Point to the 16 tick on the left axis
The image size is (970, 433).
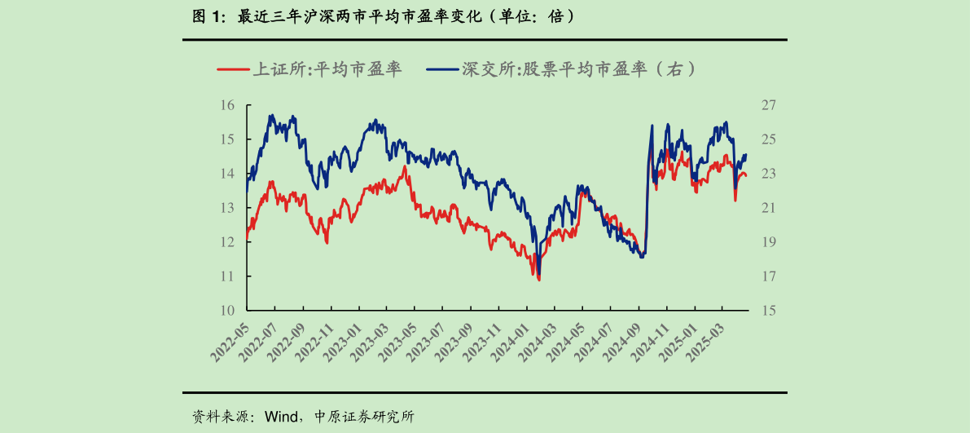pos(227,105)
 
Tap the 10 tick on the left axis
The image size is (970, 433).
pos(227,311)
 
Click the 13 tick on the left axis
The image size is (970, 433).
pos(227,208)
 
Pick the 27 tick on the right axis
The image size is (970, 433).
pos(770,105)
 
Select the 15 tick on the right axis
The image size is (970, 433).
pos(770,311)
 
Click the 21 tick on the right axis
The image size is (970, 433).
pos(770,208)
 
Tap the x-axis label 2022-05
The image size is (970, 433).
pos(230,342)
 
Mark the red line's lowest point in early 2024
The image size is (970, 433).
pos(539,280)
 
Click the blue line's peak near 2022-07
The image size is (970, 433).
pos(271,115)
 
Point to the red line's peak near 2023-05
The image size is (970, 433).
pos(405,166)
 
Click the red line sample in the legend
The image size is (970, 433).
pos(232,70)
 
